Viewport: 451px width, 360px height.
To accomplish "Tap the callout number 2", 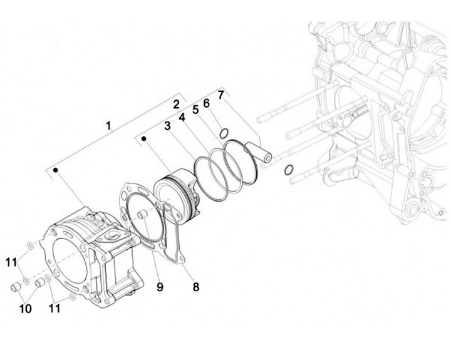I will pyautogui.click(x=176, y=104).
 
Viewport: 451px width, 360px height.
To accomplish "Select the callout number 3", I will pyautogui.click(x=167, y=126).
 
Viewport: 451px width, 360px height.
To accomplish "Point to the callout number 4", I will pyautogui.click(x=182, y=117).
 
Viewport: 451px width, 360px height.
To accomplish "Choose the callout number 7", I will pyautogui.click(x=220, y=95).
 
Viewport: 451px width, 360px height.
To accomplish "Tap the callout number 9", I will pyautogui.click(x=160, y=287).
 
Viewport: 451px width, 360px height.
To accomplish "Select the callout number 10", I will pyautogui.click(x=25, y=308).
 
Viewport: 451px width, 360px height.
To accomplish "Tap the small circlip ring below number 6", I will pyautogui.click(x=223, y=132).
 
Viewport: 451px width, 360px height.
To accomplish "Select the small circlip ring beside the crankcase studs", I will pyautogui.click(x=288, y=170).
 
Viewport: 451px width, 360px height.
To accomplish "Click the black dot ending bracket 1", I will pyautogui.click(x=55, y=170).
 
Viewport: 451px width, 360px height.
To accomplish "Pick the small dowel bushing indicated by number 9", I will pyautogui.click(x=142, y=216).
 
